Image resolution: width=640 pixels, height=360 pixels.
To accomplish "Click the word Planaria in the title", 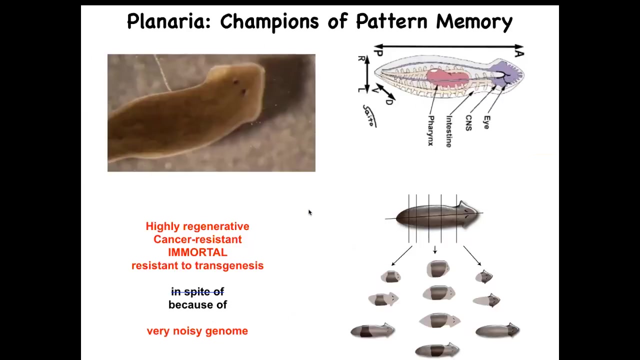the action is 168,21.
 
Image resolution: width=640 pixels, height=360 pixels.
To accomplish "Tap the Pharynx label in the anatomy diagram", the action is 431,130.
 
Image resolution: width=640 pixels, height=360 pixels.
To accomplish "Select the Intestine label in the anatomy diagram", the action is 449,131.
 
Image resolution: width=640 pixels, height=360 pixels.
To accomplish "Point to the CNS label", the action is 468,123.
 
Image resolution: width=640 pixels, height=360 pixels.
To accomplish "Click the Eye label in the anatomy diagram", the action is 486,122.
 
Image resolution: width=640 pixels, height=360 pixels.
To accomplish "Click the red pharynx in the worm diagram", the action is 448,77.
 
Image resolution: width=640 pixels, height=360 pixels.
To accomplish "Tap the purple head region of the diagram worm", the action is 506,73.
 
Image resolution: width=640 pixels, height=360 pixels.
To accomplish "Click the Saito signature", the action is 369,115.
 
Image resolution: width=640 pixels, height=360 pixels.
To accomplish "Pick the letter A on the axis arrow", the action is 519,53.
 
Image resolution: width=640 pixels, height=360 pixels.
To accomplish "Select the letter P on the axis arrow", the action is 378,52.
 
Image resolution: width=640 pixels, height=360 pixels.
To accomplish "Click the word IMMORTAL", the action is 197,252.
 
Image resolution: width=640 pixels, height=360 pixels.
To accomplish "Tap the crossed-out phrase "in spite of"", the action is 197,291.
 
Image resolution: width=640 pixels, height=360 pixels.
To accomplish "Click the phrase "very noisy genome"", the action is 197,331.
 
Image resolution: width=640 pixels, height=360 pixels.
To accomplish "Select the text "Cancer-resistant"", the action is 197,239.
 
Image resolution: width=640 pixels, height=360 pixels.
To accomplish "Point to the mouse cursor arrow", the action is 310,212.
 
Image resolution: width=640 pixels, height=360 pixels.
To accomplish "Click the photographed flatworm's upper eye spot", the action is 235,82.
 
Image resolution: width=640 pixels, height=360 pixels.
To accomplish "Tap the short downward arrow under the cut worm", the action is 435,249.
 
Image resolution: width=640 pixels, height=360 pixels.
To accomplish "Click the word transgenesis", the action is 229,265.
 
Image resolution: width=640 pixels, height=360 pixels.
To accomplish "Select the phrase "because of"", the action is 197,305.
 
